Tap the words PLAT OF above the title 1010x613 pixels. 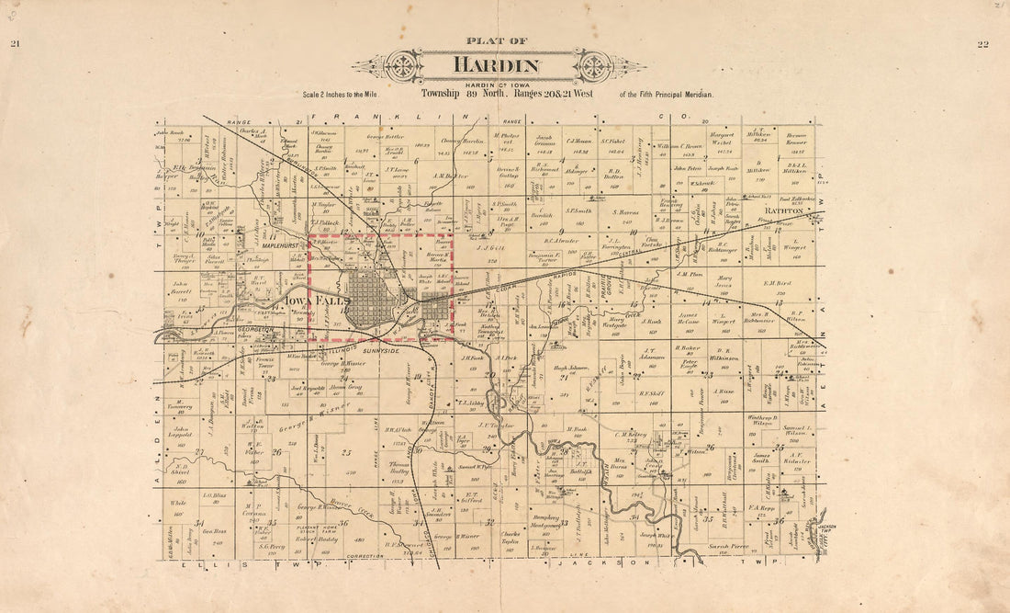pyautogui.click(x=497, y=40)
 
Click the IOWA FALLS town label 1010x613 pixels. pyautogui.click(x=302, y=300)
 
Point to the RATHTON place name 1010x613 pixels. pyautogui.click(x=791, y=210)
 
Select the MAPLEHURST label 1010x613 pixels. pyautogui.click(x=282, y=245)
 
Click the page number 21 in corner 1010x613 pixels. pyautogui.click(x=15, y=43)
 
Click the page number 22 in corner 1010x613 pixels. pyautogui.click(x=982, y=43)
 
